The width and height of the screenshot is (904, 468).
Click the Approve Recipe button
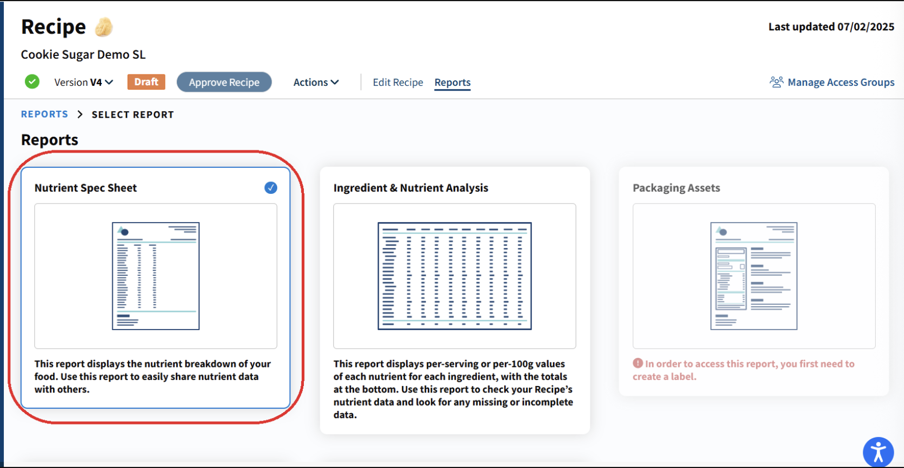pos(224,82)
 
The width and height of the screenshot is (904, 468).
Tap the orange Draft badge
pos(146,82)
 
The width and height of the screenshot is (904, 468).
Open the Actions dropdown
pos(316,82)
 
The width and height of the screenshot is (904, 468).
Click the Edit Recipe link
pos(398,82)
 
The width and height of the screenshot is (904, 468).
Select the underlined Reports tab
pos(453,82)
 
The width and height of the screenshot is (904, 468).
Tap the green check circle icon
pos(32,81)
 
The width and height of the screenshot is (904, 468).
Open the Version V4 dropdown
pos(84,82)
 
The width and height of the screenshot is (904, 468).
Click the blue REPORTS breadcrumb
pos(44,114)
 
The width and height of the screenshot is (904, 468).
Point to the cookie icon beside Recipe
pos(104,27)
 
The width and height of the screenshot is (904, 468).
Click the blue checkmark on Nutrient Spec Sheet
pos(271,188)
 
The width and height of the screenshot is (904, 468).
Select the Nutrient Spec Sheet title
pos(86,188)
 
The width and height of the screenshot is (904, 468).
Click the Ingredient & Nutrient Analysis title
pos(411,188)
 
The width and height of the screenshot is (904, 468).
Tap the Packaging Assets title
pos(677,188)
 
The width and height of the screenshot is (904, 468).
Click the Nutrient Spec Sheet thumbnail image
pos(156,276)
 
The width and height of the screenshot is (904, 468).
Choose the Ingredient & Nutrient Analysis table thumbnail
pos(454,276)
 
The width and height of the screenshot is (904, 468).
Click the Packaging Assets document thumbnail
pos(754,276)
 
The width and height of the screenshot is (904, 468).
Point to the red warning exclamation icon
pos(638,363)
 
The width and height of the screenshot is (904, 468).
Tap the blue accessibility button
pos(878,452)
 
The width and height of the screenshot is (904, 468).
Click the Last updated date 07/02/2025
pos(865,27)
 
